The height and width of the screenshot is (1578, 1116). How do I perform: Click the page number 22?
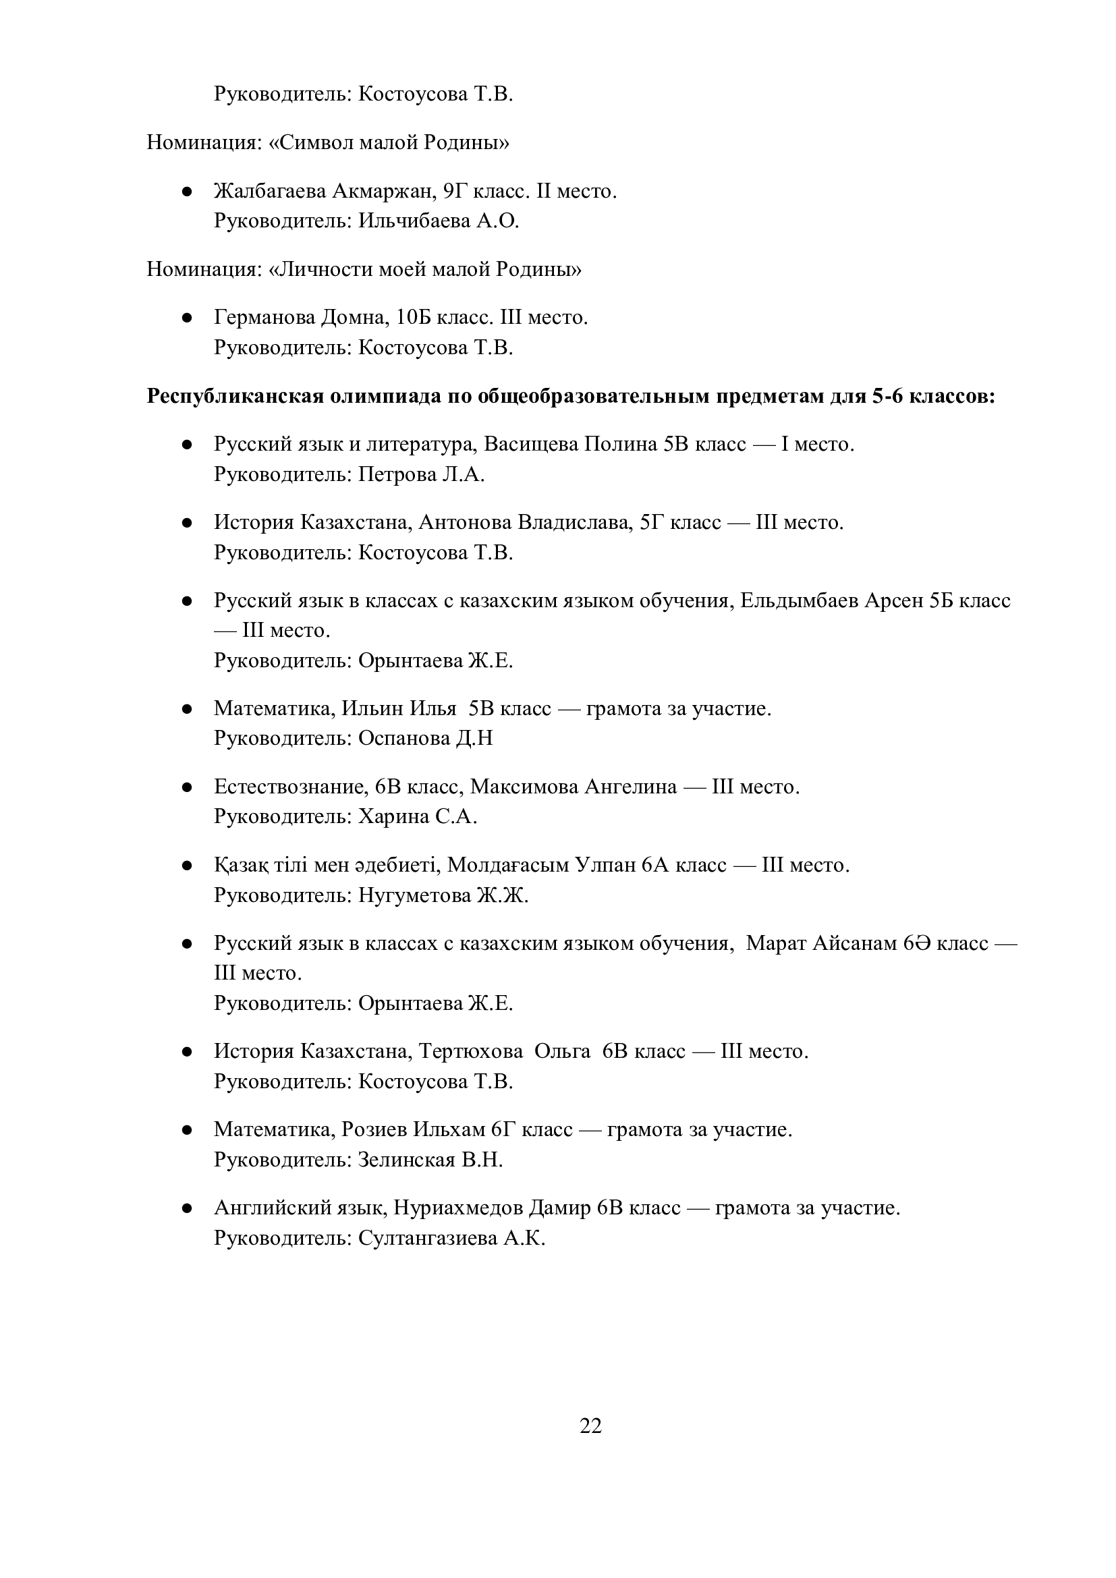coord(590,1426)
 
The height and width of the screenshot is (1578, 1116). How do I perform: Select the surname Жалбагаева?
coord(270,191)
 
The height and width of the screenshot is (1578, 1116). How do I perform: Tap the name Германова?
coord(264,318)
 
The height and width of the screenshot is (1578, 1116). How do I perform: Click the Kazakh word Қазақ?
coord(240,866)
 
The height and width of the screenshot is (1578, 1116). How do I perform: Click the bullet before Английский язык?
coord(186,1208)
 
